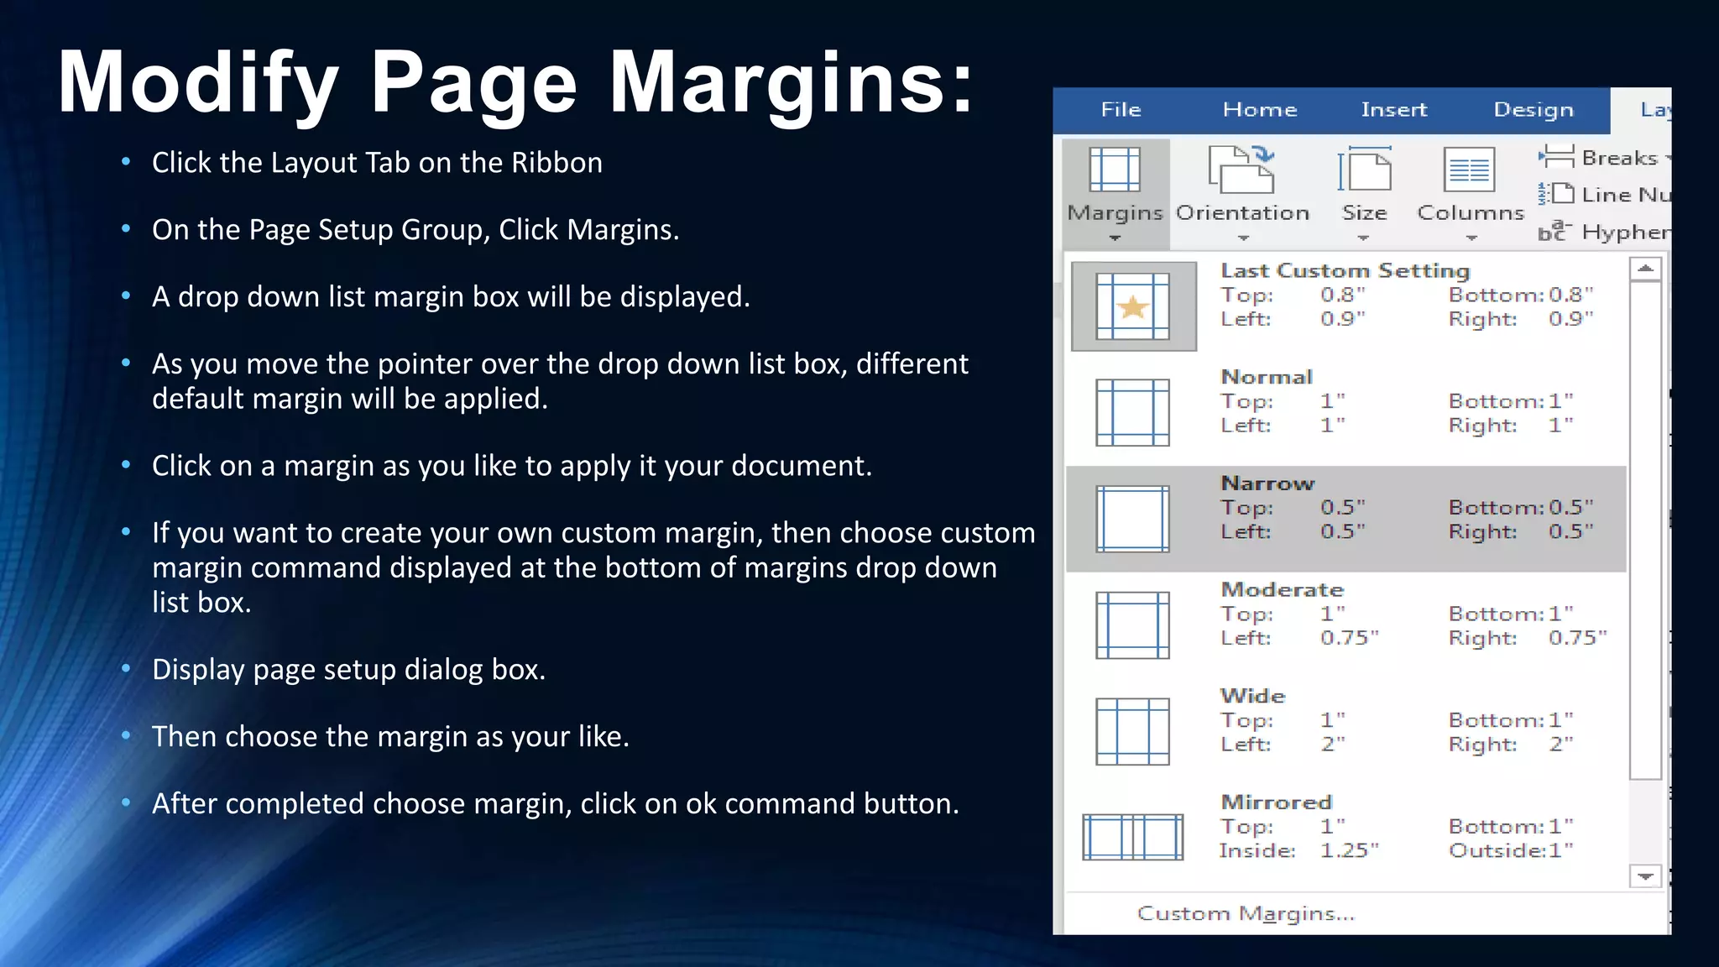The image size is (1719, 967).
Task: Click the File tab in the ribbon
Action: point(1121,110)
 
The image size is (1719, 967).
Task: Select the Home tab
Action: point(1259,110)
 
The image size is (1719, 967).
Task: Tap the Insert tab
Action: point(1393,110)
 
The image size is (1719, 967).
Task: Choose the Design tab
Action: point(1533,110)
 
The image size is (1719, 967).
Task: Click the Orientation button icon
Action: point(1241,170)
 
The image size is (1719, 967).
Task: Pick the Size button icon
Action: point(1364,170)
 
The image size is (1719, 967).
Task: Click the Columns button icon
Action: point(1469,170)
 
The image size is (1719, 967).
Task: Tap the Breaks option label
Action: point(1619,158)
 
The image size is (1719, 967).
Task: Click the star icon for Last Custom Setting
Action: point(1132,307)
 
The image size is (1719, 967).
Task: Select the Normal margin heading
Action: point(1266,377)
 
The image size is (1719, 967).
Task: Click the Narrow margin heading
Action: point(1267,483)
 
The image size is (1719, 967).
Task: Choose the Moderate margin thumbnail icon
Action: point(1132,625)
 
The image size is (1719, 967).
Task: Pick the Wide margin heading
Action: point(1252,696)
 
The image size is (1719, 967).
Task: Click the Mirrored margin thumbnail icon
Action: point(1132,837)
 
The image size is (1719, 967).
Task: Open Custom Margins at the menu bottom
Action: point(1246,913)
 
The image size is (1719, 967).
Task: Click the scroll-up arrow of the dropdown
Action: point(1645,269)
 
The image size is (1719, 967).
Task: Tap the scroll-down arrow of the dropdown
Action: point(1645,876)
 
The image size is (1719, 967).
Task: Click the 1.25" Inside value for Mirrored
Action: point(1349,850)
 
